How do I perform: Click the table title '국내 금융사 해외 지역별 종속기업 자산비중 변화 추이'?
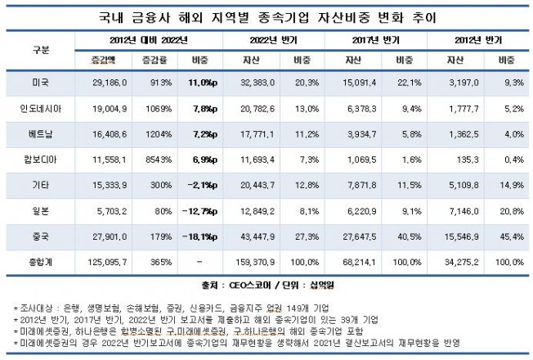(266, 16)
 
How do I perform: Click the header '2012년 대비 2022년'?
(150, 39)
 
